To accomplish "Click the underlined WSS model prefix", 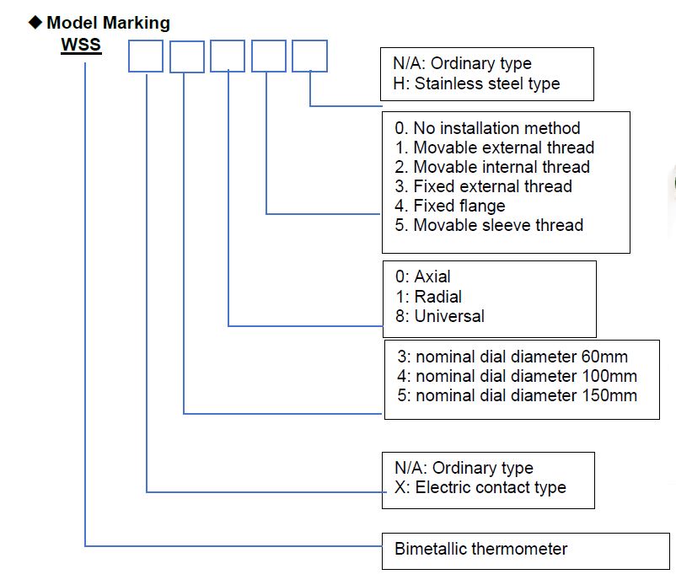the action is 81,45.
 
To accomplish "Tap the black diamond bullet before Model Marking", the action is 35,23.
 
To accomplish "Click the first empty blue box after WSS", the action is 146,56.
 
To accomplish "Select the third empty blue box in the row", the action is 228,56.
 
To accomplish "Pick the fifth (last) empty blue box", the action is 309,56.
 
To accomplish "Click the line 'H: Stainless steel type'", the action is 476,83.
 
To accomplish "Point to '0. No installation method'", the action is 487,128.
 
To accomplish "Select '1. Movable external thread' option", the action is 495,148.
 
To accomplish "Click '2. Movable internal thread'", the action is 492,167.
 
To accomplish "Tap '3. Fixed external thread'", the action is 483,186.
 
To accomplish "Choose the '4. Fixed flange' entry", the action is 450,206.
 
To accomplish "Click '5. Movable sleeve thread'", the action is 489,225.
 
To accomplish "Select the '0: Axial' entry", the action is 423,276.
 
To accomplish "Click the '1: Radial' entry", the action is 428,297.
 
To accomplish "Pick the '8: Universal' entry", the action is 440,316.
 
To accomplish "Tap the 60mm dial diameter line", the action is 512,357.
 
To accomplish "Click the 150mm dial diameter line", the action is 518,395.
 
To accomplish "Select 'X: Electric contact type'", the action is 480,487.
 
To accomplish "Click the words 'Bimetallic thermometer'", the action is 480,549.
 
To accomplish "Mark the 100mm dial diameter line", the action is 518,376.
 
